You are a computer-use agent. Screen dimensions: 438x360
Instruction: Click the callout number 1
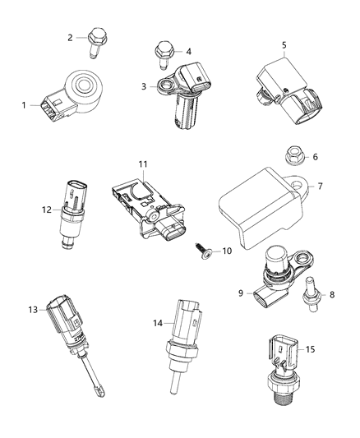point(24,104)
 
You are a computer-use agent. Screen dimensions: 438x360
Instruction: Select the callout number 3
point(143,85)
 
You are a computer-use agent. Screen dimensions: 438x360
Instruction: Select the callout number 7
point(320,186)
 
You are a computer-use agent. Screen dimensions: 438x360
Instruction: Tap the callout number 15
point(334,349)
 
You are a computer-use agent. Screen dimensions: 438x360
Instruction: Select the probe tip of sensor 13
point(96,385)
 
